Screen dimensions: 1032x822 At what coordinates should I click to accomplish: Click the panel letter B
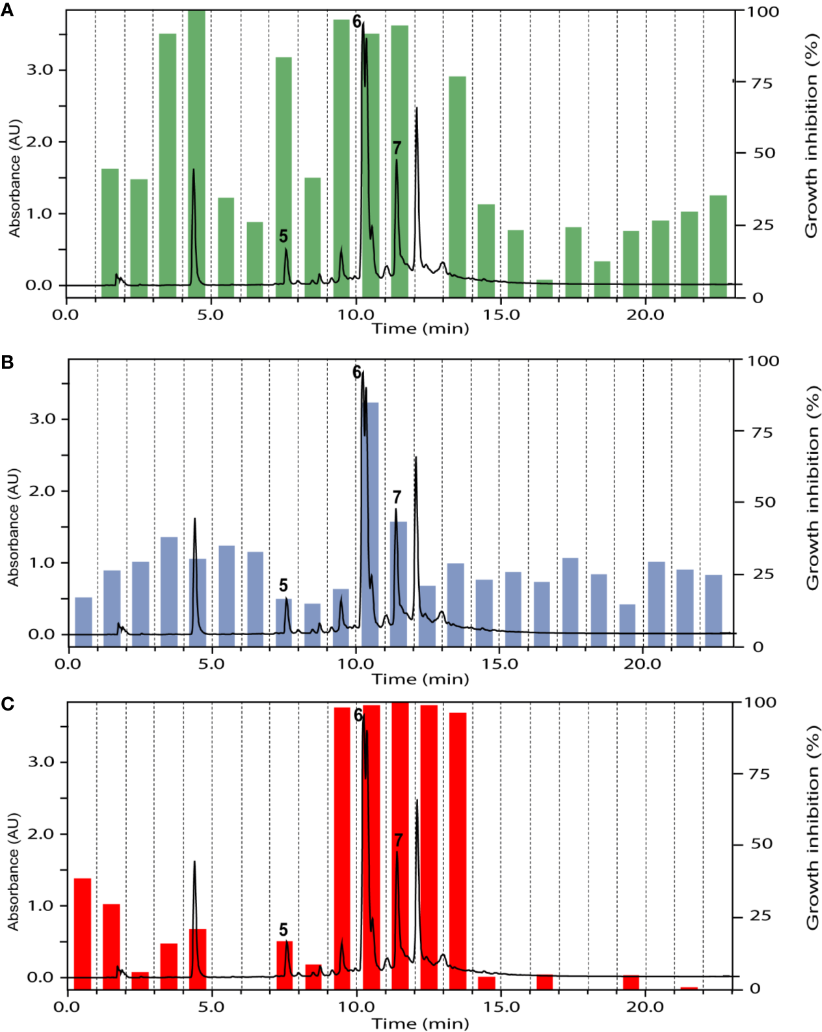(7, 362)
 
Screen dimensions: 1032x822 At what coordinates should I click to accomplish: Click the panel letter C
(7, 704)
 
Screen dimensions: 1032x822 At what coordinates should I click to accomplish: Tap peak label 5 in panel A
(284, 236)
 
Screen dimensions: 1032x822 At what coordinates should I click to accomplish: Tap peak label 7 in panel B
(397, 497)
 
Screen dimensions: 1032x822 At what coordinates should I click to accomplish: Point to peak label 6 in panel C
(358, 714)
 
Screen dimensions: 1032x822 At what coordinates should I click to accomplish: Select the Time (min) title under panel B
(420, 679)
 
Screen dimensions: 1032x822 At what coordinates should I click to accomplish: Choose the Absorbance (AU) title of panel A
(14, 178)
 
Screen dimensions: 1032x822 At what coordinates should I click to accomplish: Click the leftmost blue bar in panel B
(84, 621)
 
